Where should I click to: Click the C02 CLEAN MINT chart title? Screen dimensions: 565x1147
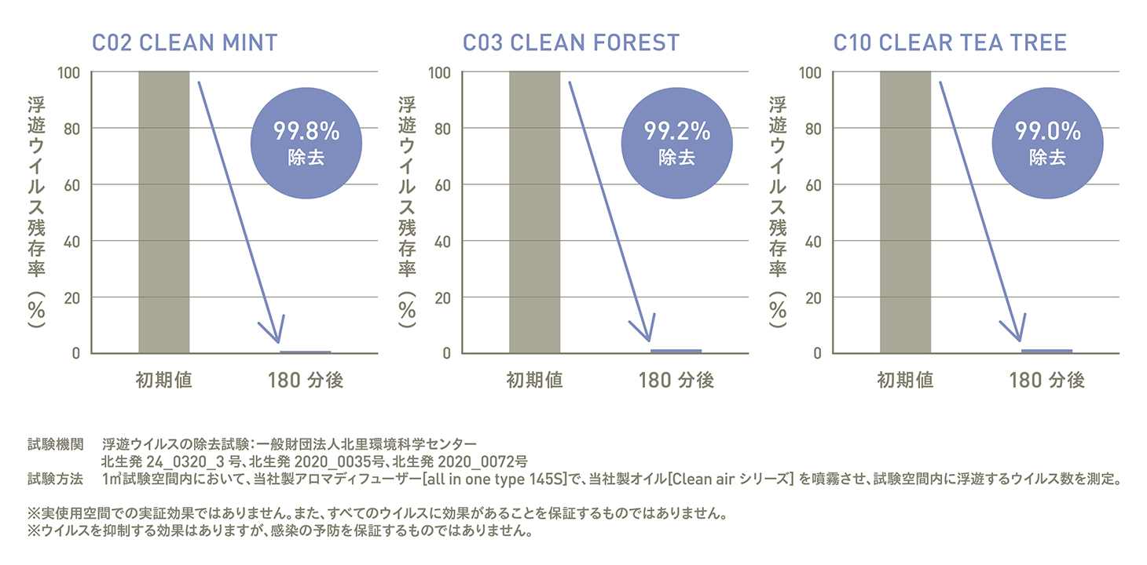(x=185, y=42)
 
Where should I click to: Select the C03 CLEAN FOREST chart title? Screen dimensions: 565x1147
(x=571, y=42)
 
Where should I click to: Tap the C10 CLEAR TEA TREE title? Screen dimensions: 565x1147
(x=950, y=42)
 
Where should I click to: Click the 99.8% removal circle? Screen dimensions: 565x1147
(x=306, y=141)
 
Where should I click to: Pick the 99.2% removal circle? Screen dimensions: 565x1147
(x=677, y=141)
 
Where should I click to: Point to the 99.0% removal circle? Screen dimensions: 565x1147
(x=1048, y=141)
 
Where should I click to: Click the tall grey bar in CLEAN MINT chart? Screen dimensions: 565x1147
(x=163, y=212)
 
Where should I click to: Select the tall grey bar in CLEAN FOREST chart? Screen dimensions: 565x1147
(x=534, y=212)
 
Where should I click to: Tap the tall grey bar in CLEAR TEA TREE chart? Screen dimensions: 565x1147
(x=905, y=212)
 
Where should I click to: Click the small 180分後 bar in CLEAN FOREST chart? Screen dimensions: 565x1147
(x=676, y=350)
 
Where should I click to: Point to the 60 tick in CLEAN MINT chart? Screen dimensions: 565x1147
(x=71, y=185)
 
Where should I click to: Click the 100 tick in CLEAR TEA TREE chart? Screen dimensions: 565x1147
(x=811, y=73)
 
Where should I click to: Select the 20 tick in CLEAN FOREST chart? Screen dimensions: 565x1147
(x=442, y=297)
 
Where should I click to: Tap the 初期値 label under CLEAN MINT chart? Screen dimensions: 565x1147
(x=163, y=381)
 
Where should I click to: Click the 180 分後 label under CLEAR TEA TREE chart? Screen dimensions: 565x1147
(x=1046, y=381)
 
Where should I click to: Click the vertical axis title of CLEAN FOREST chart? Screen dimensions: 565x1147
(x=407, y=212)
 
